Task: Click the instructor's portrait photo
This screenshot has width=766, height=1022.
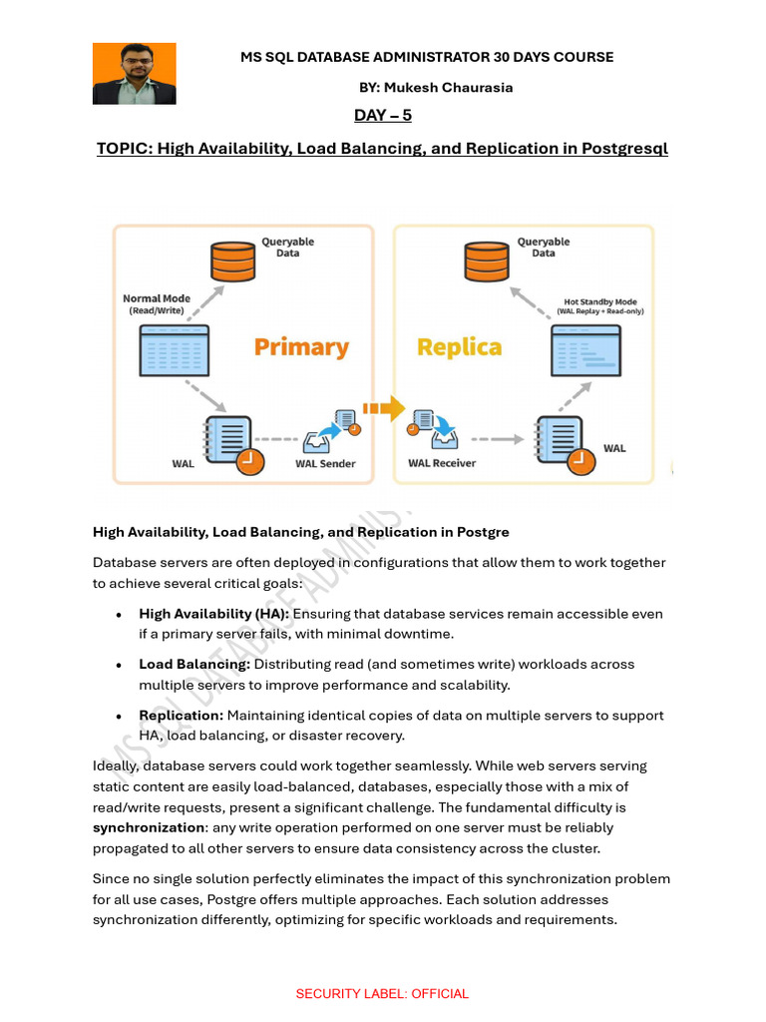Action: pos(134,74)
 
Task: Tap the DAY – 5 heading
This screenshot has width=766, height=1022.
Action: pos(383,116)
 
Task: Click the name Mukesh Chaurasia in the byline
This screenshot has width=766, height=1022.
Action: pos(452,87)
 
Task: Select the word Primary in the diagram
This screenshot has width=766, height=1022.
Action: pos(301,347)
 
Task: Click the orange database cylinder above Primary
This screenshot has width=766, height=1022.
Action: pos(232,260)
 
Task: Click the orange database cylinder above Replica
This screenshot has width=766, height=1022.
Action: pos(488,260)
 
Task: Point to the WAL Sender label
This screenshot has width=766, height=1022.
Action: pos(325,463)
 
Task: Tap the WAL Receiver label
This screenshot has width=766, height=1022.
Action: pos(442,463)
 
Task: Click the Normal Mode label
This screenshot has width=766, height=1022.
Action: pos(157,303)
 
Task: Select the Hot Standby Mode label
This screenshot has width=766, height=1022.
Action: pos(599,305)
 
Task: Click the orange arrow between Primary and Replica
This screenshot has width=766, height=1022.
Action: pos(383,408)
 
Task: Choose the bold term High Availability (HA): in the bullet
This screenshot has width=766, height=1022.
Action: pos(213,614)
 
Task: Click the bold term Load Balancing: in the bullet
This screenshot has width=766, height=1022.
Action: pos(194,665)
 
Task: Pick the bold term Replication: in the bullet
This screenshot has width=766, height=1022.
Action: pos(181,716)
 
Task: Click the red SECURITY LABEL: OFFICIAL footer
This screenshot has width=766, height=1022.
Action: pos(382,994)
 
